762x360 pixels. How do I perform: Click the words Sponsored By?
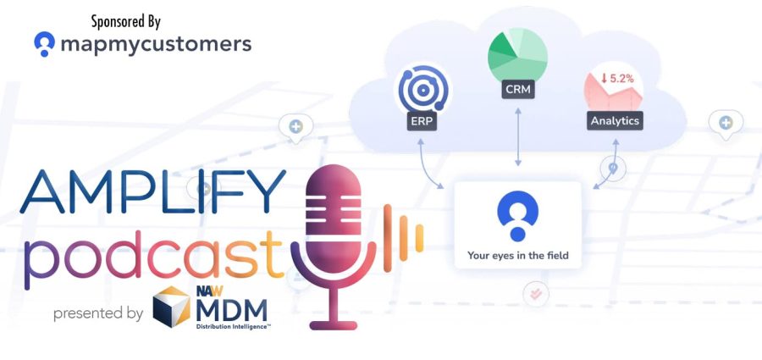[126, 21]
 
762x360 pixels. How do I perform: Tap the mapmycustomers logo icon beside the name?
[44, 44]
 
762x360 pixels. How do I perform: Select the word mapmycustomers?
[156, 45]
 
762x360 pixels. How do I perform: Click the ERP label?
[422, 121]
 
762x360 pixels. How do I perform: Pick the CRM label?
[517, 90]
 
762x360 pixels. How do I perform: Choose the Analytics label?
[615, 120]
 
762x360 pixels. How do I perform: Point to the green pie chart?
[517, 54]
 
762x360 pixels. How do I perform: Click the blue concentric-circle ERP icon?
[422, 90]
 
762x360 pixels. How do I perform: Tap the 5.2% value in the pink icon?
[617, 79]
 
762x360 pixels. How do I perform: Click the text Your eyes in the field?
[517, 255]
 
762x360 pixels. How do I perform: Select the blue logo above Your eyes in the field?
[517, 215]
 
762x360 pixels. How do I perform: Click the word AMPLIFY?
[153, 191]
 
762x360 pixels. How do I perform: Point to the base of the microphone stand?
[334, 325]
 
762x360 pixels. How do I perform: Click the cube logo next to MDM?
[172, 307]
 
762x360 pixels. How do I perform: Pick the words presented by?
[98, 313]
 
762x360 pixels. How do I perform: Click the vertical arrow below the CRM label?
[518, 136]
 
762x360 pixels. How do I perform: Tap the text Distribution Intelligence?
[234, 327]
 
